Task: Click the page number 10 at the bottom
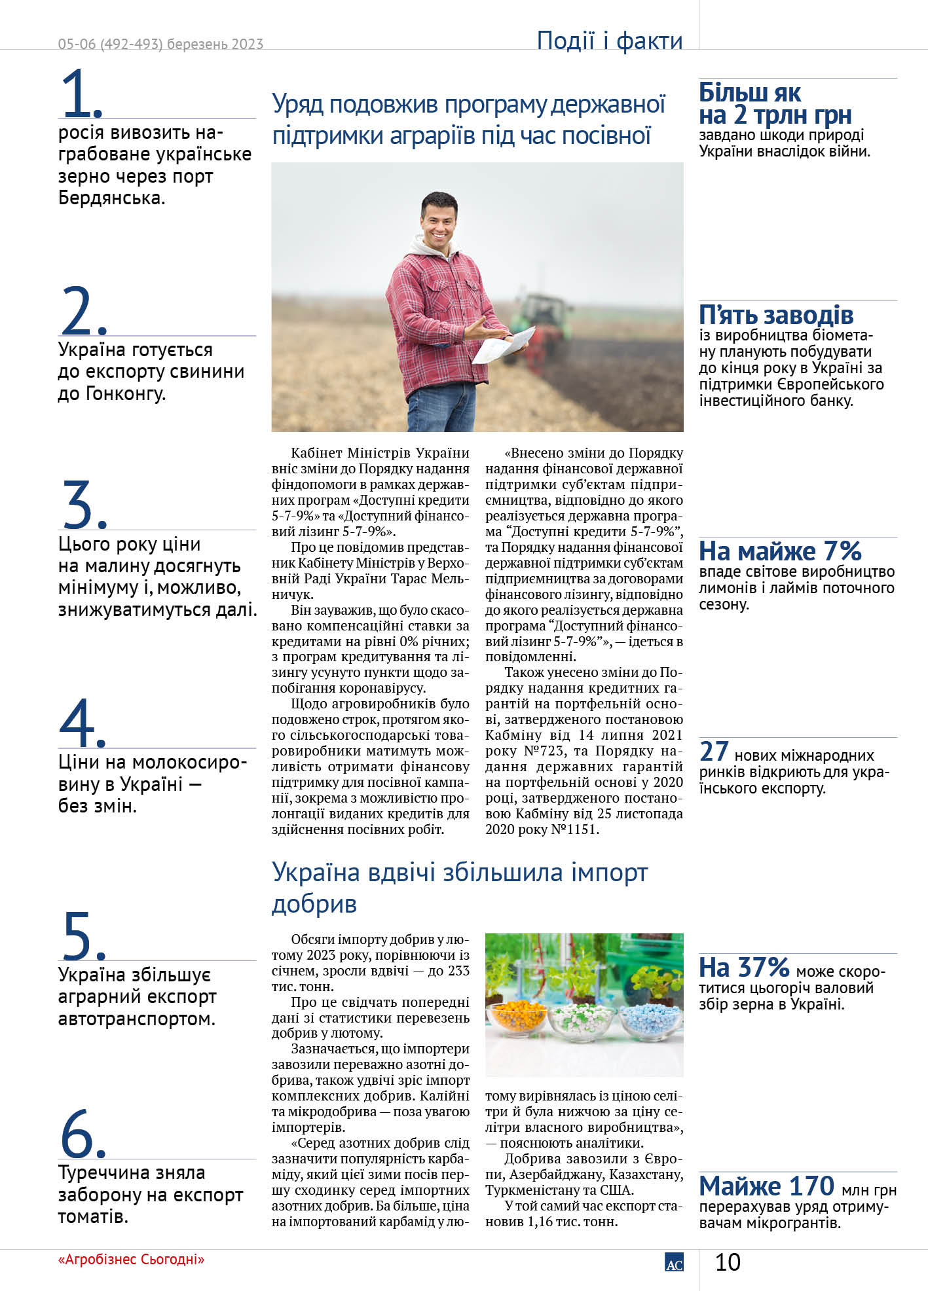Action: [x=727, y=1262]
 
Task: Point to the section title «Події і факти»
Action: [x=609, y=41]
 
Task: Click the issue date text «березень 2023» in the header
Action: [x=215, y=44]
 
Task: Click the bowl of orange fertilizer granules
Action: [x=519, y=1019]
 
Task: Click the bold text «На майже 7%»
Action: [x=780, y=551]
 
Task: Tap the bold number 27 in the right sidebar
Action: [x=714, y=751]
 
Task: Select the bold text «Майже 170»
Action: [x=766, y=1186]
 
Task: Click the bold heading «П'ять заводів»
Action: [x=776, y=316]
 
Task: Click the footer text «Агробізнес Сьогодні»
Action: [x=131, y=1259]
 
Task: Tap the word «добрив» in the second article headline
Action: [x=314, y=904]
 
